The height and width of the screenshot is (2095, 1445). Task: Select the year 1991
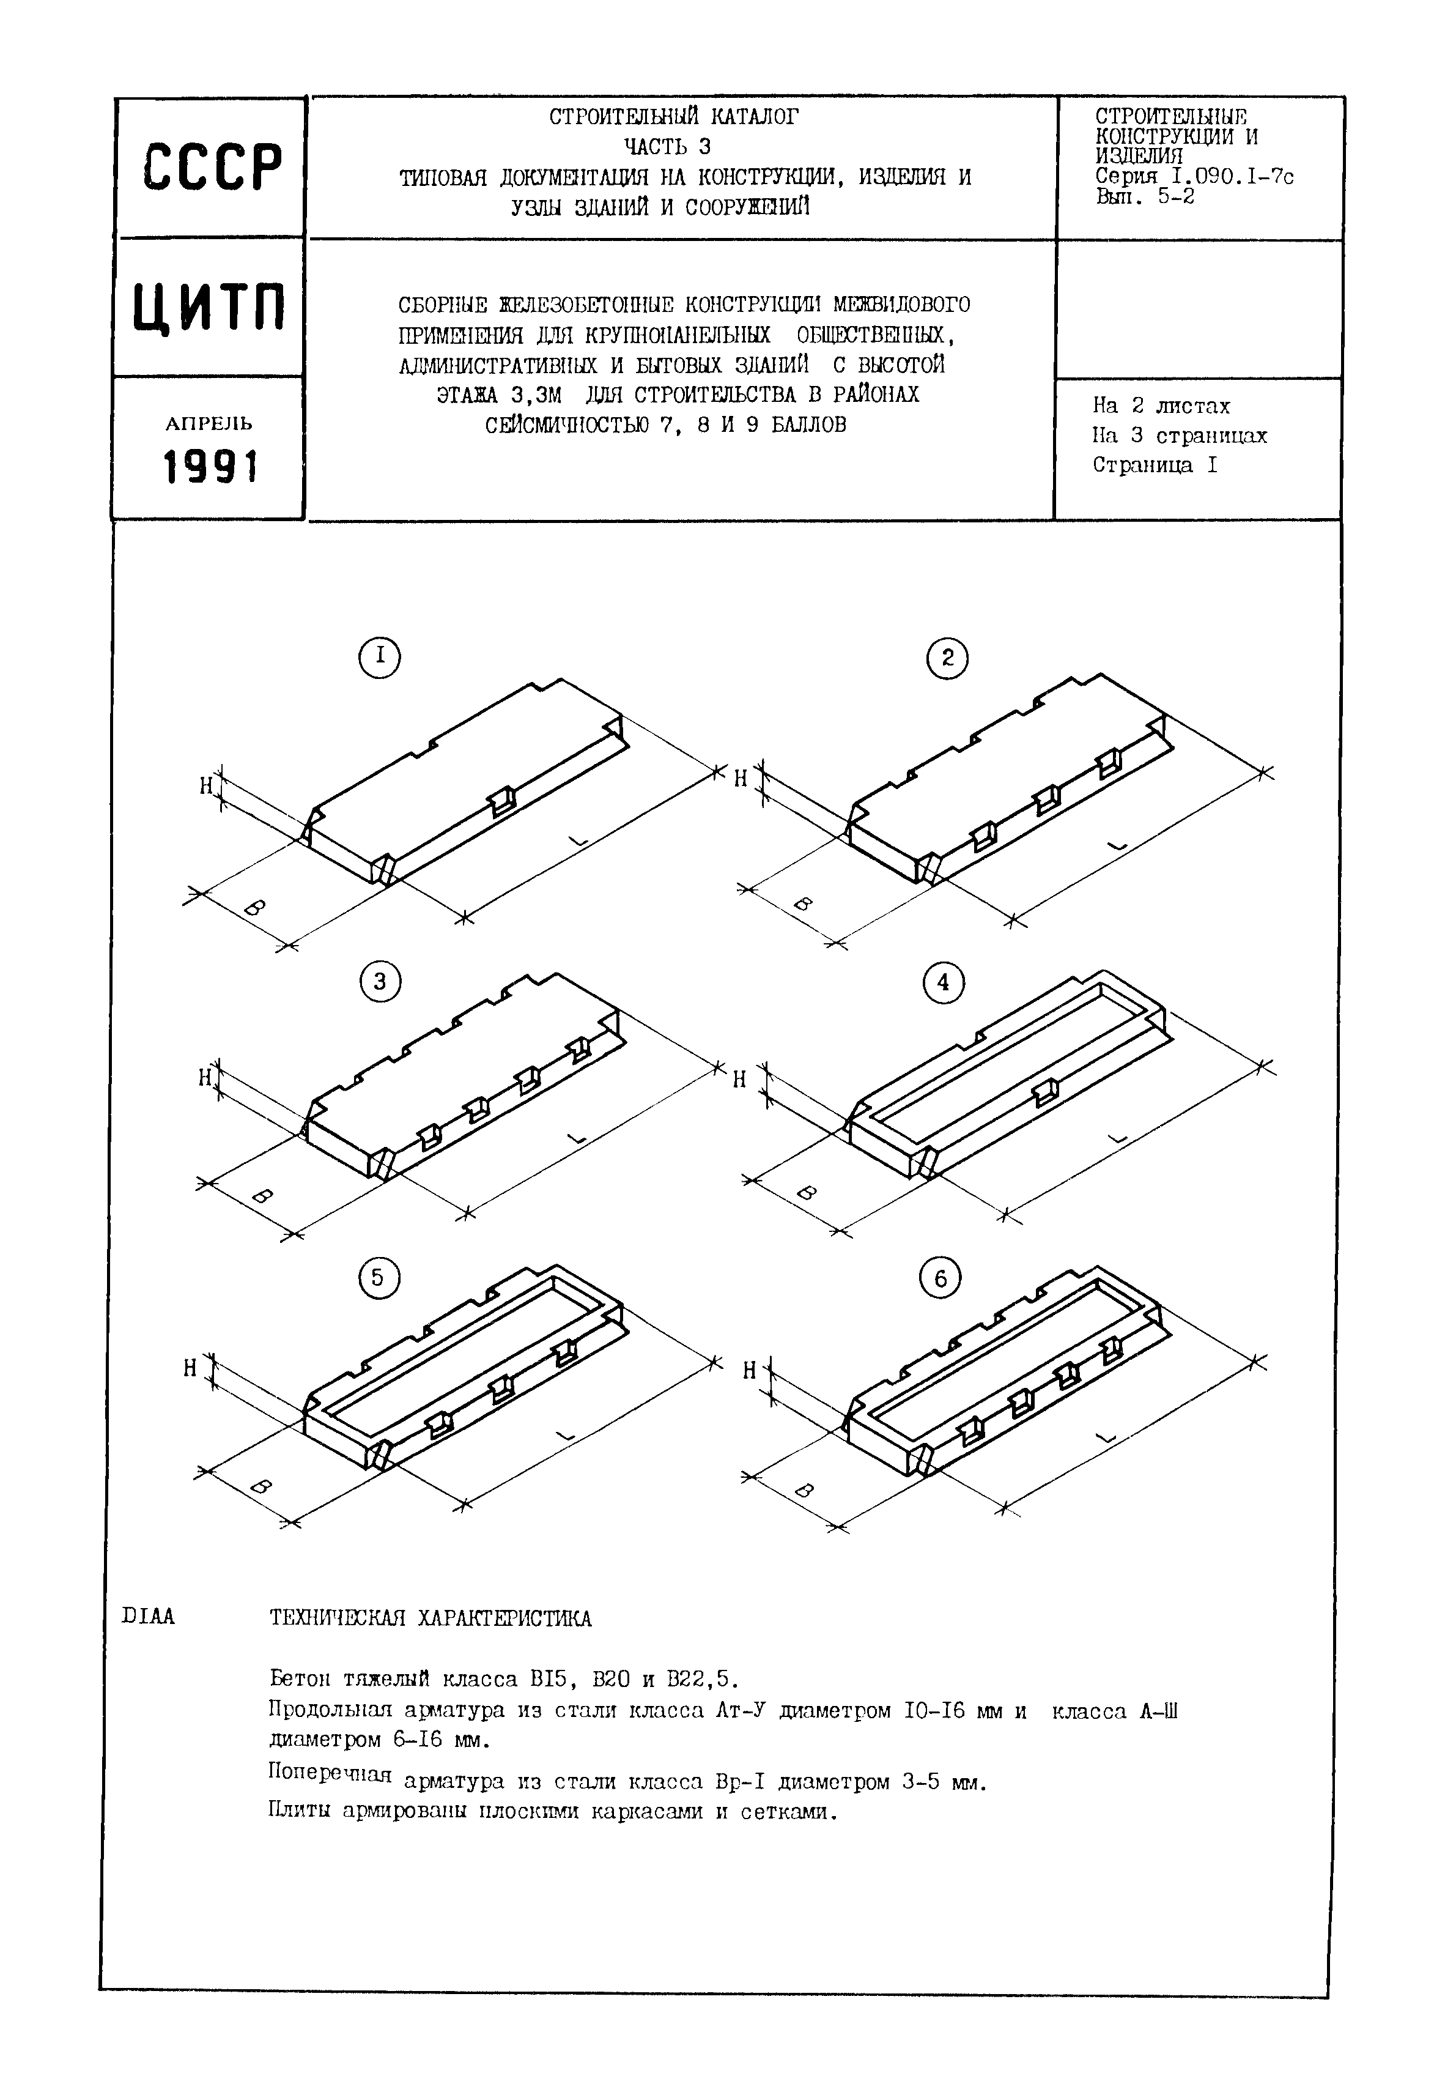[210, 468]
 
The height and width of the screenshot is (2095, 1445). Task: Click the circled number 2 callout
[947, 658]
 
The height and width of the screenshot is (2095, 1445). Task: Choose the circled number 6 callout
[940, 1279]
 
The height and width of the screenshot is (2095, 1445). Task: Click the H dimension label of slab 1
[207, 786]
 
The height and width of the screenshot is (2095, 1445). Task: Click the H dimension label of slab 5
[190, 1369]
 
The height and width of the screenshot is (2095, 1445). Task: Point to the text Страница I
[1155, 465]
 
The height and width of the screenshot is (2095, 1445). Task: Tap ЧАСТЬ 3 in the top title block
[667, 146]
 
